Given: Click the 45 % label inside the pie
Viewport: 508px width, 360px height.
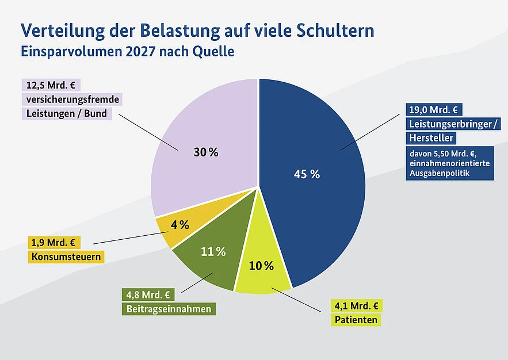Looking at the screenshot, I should coord(307,174).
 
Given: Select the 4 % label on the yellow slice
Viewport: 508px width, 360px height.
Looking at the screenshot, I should coord(180,225).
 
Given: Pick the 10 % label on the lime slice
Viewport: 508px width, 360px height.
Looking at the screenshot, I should coord(261,266).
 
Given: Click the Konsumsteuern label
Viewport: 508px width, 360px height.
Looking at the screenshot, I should coord(66,256).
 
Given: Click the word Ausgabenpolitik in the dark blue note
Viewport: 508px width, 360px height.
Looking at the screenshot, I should coord(438,173).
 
